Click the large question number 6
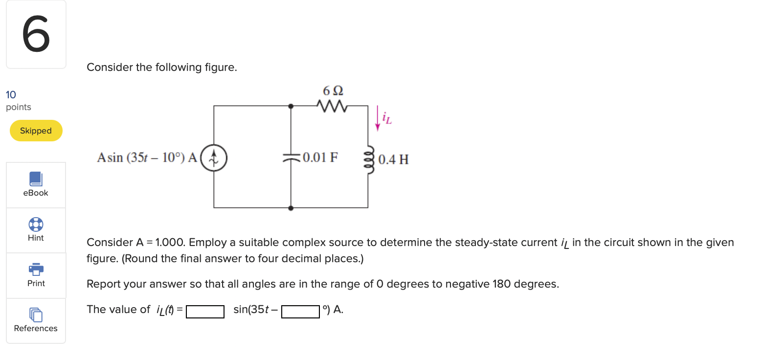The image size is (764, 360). coord(36,34)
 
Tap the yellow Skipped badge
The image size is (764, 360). coord(36,131)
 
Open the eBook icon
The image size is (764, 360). coord(36,179)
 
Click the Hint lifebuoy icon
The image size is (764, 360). coord(36,225)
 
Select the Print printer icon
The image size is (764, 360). coord(36,269)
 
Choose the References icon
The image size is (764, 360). coord(36,314)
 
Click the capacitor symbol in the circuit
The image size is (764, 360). coord(292,157)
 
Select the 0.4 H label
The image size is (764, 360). coord(393,159)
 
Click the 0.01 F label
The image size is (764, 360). coord(320,157)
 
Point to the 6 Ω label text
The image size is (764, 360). coord(333,91)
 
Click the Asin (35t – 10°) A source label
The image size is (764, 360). coord(147,157)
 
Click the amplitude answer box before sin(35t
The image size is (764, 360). coord(205,312)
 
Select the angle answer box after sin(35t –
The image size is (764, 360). coord(300,312)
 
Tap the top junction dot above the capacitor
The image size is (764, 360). coord(292,105)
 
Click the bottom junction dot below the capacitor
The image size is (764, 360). coord(292,208)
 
